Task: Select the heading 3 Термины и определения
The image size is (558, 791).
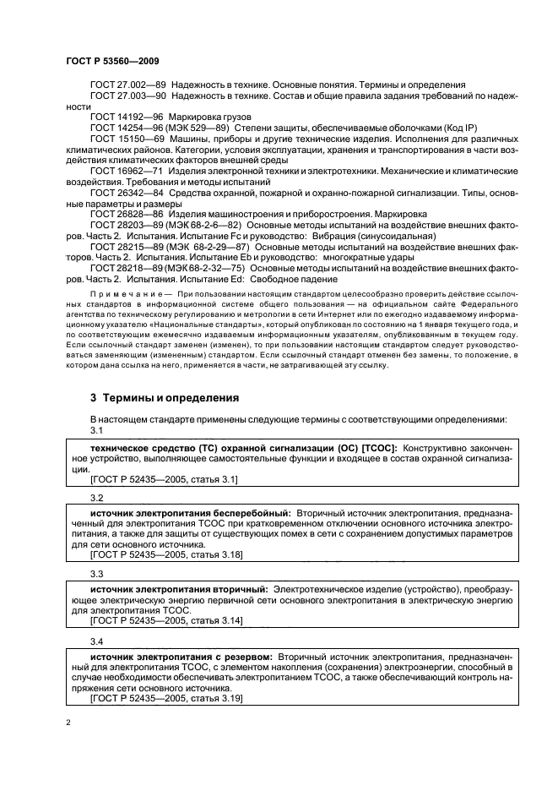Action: click(164, 396)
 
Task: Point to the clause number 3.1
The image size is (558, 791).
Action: click(96, 431)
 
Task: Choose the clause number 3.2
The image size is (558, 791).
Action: click(96, 498)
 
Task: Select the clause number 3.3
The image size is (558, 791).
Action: click(96, 574)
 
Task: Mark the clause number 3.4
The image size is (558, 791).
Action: click(96, 641)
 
